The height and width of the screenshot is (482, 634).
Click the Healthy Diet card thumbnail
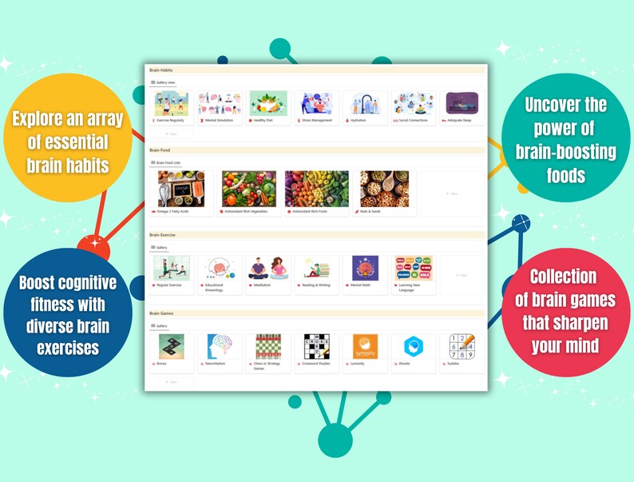click(x=267, y=103)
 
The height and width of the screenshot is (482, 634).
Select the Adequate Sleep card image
click(x=462, y=103)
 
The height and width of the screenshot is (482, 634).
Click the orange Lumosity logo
click(x=365, y=346)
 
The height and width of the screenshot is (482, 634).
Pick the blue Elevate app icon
click(x=414, y=346)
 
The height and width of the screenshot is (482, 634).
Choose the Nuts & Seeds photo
click(x=384, y=189)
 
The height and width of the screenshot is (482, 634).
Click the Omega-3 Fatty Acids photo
click(x=180, y=189)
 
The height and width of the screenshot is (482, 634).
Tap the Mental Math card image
click(x=365, y=268)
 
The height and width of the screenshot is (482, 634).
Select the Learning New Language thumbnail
click(x=414, y=268)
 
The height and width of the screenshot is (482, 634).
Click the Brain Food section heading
click(x=161, y=150)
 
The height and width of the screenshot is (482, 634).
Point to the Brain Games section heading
click(x=162, y=313)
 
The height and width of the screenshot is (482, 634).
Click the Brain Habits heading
click(x=161, y=70)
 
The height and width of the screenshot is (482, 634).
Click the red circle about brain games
click(x=563, y=311)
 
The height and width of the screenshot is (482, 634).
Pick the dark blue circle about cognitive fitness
click(x=68, y=313)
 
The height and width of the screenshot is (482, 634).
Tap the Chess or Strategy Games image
click(x=267, y=346)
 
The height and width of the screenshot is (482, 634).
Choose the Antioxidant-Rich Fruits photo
click(x=316, y=189)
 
